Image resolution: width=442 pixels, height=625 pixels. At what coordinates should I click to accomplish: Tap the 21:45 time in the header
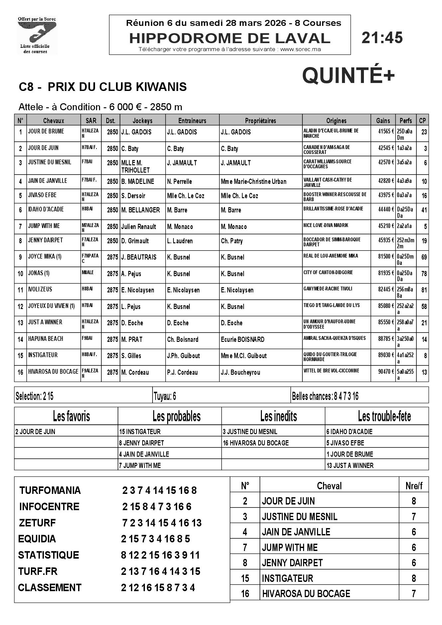coord(382,38)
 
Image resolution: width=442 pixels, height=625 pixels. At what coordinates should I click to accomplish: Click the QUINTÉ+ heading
coord(348,76)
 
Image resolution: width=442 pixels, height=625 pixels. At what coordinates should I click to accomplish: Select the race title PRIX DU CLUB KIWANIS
coord(117,87)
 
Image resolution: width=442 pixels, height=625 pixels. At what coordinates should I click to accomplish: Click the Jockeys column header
coord(143,121)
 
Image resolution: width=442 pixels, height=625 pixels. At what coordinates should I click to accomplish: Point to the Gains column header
coord(383,121)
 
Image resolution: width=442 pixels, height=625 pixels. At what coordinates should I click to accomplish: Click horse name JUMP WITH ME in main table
coord(44,226)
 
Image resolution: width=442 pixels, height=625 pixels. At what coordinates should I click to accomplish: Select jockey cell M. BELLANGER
coord(141,210)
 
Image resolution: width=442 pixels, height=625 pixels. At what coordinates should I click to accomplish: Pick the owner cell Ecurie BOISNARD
coord(243,339)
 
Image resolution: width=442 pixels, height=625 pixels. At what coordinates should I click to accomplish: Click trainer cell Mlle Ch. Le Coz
coord(185,196)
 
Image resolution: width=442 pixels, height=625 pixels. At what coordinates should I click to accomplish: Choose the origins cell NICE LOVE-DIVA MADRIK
coord(326,225)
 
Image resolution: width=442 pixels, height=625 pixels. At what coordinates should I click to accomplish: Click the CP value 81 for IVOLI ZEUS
coord(424,290)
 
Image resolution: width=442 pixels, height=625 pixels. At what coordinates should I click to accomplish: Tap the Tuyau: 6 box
coord(165,396)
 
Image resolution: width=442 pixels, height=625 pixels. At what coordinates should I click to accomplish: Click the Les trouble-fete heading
coord(384,416)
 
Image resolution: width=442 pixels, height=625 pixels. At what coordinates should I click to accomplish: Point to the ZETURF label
coord(37,523)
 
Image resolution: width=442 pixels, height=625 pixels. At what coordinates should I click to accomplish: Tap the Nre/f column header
coord(414,486)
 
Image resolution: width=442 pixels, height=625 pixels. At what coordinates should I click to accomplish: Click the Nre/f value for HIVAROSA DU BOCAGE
coord(414,593)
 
